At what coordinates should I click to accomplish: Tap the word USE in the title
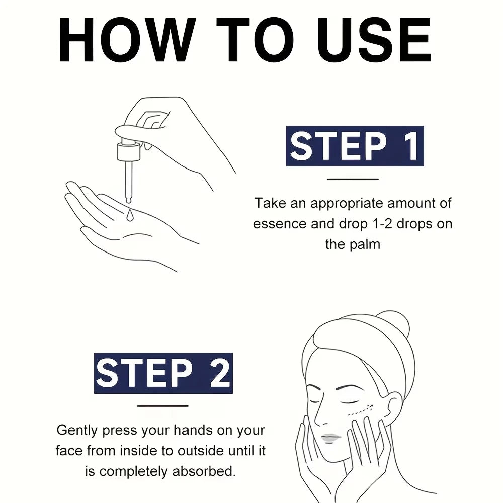[374, 40]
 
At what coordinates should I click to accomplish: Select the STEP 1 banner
[355, 146]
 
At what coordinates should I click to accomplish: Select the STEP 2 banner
[163, 373]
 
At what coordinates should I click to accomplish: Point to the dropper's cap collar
[128, 151]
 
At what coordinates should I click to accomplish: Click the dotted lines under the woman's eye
[361, 410]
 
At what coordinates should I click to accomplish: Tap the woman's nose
[319, 414]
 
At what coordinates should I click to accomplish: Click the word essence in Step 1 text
[279, 224]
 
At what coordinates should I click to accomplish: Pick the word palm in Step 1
[365, 244]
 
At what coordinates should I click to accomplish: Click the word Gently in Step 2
[76, 431]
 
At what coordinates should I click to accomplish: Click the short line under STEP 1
[353, 179]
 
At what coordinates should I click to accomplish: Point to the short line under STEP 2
[162, 406]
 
